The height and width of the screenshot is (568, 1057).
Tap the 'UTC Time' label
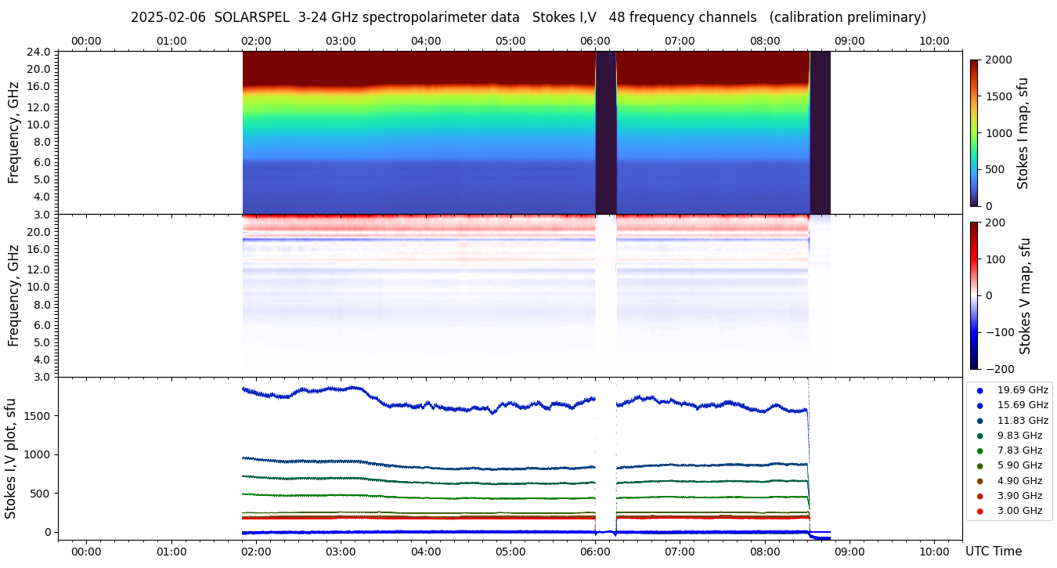coord(993,552)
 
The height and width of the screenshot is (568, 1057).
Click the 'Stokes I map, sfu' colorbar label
coord(1023,133)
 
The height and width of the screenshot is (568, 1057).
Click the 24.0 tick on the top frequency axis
coord(40,52)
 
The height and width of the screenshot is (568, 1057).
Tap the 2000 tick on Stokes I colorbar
coord(998,60)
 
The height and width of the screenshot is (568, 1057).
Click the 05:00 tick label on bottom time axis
coord(510,552)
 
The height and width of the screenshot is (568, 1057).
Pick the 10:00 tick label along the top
coord(934,41)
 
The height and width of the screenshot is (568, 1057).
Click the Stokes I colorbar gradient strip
coord(974,133)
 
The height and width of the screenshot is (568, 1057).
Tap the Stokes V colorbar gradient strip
coord(974,295)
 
